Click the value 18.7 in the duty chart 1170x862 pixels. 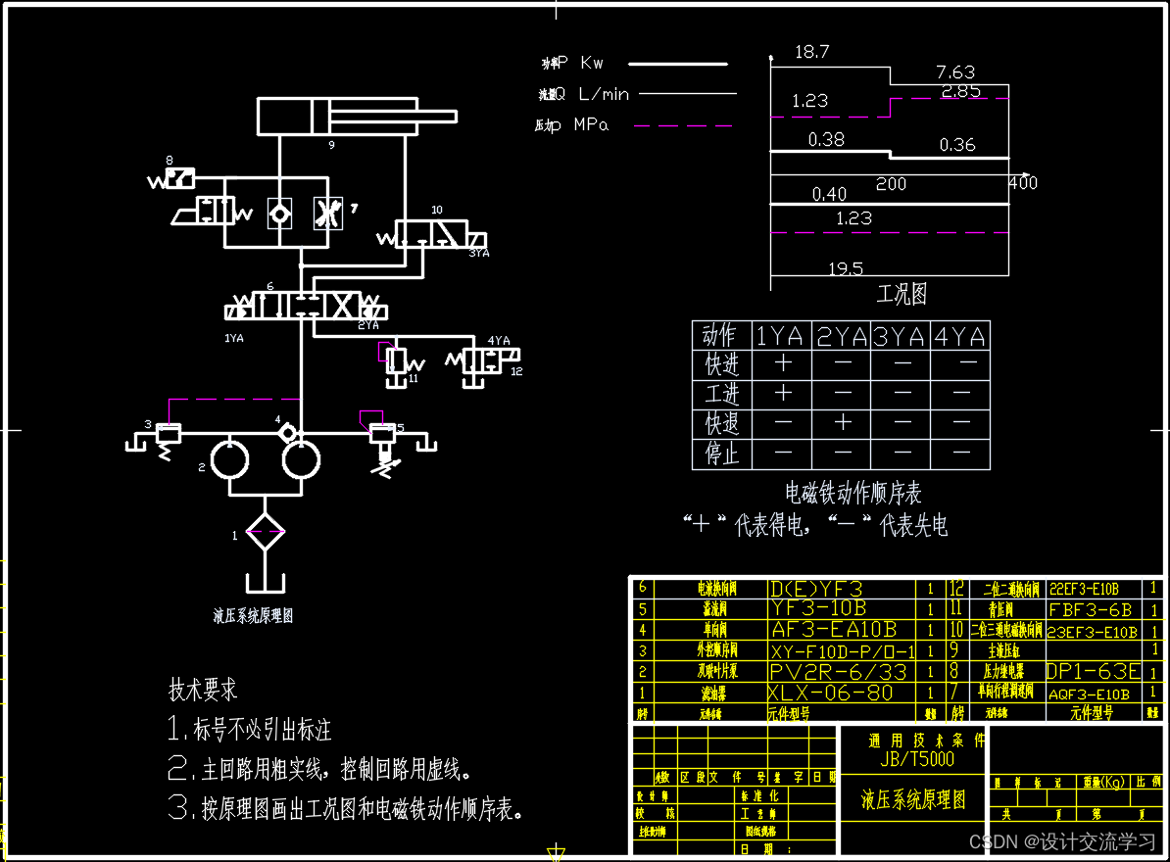811,52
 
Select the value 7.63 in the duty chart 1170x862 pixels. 955,72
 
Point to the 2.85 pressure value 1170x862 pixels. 960,91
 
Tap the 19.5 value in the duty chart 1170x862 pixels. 845,268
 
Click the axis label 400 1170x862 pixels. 1023,183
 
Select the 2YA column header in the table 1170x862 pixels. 842,336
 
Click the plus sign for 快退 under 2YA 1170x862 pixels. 842,423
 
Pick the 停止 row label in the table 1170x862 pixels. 722,454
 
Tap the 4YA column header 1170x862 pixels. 960,336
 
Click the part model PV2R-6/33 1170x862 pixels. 838,672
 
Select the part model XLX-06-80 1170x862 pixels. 830,693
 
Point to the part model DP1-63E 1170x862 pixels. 1093,672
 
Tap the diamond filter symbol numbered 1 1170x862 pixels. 265,535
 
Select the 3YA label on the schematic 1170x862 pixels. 478,253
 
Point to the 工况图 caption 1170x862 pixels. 901,294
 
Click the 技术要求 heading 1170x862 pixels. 203,690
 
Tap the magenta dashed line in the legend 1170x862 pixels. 683,125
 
